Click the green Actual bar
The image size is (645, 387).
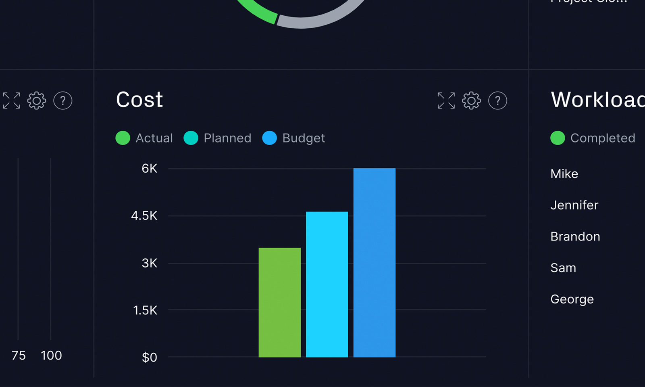(x=279, y=302)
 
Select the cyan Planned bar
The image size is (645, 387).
(x=327, y=284)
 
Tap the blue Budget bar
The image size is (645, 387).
(x=374, y=262)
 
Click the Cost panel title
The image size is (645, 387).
(x=139, y=100)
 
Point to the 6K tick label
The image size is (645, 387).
(x=149, y=169)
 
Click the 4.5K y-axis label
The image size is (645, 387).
(x=144, y=216)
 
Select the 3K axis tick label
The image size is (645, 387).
(x=149, y=264)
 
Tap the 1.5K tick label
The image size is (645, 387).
(x=145, y=310)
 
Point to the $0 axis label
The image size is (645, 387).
(x=149, y=358)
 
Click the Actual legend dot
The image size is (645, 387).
(x=123, y=138)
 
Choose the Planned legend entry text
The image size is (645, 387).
(x=227, y=138)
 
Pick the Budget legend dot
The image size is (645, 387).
(x=270, y=138)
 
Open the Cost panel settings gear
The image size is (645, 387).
(x=471, y=100)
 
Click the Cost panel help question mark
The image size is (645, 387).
(x=497, y=100)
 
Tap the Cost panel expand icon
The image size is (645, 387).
(x=446, y=100)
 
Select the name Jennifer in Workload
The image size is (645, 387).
(x=574, y=205)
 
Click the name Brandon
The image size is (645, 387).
(x=575, y=236)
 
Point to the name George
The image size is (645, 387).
(x=572, y=299)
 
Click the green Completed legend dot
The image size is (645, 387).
(x=558, y=138)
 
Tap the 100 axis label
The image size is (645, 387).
(x=51, y=356)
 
